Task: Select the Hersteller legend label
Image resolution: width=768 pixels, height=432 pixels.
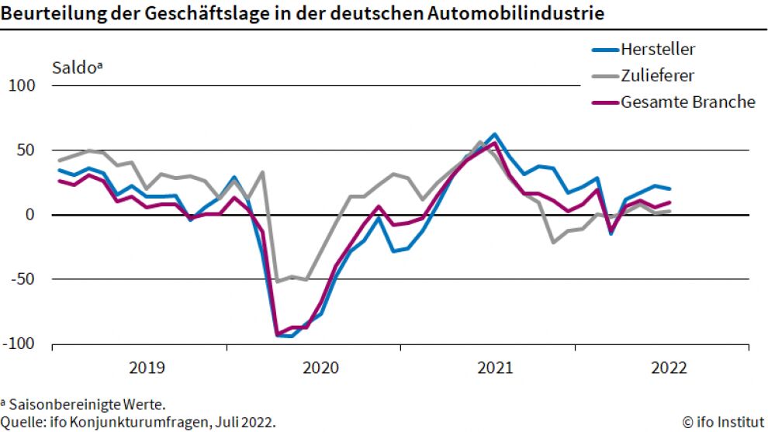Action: click(658, 50)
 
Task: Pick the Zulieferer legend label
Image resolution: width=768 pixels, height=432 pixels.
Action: click(657, 76)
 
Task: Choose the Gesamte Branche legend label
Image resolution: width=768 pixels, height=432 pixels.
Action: click(687, 102)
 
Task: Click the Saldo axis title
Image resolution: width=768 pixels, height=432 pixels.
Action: click(77, 67)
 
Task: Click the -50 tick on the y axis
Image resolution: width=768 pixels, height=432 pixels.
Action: click(22, 279)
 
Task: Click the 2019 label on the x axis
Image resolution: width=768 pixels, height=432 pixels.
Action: click(146, 368)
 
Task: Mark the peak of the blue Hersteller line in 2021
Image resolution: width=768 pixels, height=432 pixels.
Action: click(495, 134)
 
